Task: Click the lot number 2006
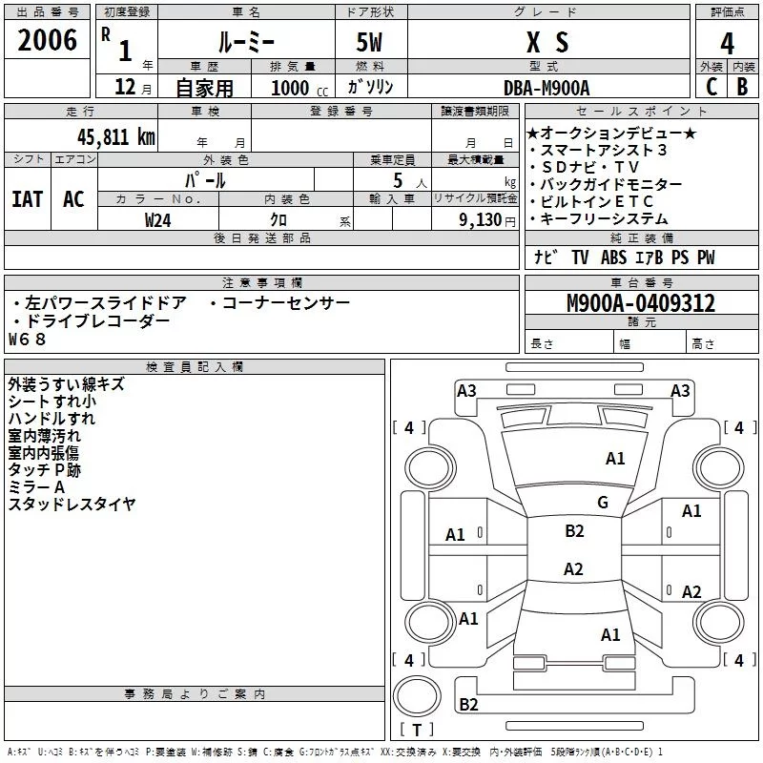point(47,40)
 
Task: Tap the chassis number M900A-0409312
point(640,303)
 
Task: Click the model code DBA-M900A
point(546,88)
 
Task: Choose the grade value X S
point(546,42)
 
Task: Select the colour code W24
point(159,219)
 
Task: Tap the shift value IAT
point(27,199)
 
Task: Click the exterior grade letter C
point(711,87)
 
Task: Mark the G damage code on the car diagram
point(602,503)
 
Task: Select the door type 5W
point(370,42)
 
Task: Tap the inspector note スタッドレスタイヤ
point(72,504)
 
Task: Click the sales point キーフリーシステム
point(605,219)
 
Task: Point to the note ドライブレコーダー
point(92,321)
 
